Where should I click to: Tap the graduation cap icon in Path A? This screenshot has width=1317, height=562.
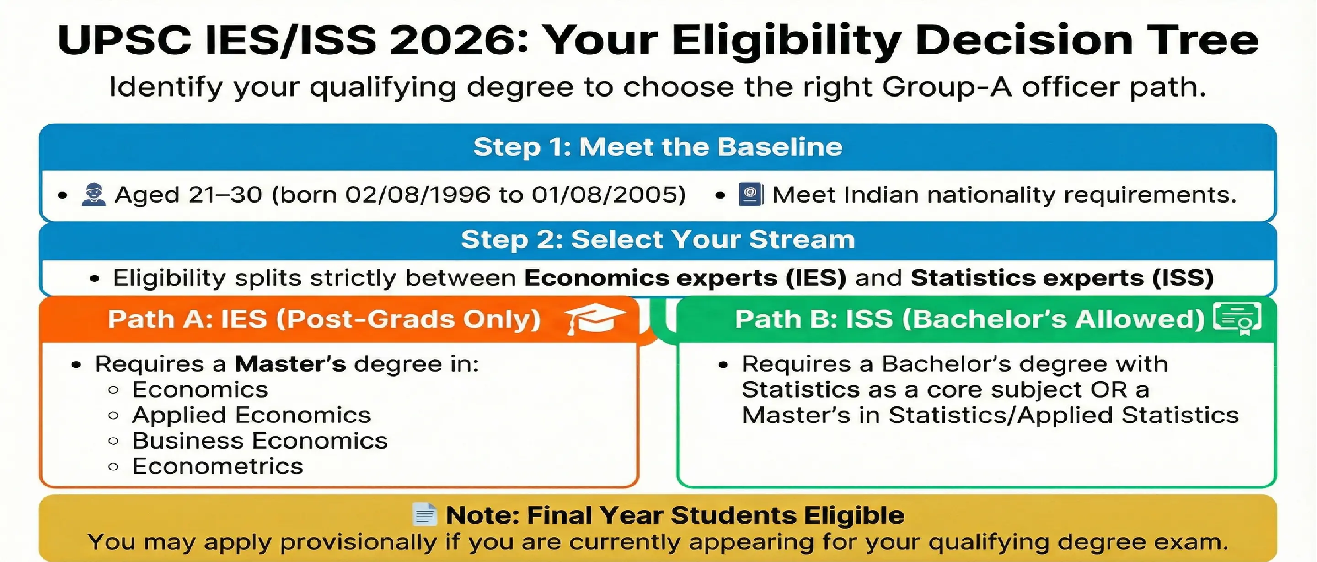pyautogui.click(x=594, y=318)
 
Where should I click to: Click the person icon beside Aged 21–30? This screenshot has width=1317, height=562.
pyautogui.click(x=94, y=195)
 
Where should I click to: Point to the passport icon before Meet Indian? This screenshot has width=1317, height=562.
pyautogui.click(x=750, y=195)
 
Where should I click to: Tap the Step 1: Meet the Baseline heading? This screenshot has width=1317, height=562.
pyautogui.click(x=658, y=147)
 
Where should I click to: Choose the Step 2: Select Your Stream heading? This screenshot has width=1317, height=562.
pyautogui.click(x=658, y=239)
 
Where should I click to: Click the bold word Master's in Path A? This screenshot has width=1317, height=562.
pyautogui.click(x=290, y=364)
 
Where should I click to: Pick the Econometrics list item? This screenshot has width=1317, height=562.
pyautogui.click(x=217, y=466)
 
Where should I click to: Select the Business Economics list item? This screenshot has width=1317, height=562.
pyautogui.click(x=260, y=441)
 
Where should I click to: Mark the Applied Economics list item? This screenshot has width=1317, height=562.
pyautogui.click(x=251, y=415)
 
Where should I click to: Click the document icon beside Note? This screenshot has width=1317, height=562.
pyautogui.click(x=424, y=515)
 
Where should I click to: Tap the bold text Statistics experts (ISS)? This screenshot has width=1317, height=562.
pyautogui.click(x=1062, y=278)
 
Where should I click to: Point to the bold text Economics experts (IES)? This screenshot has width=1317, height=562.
pyautogui.click(x=685, y=278)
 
